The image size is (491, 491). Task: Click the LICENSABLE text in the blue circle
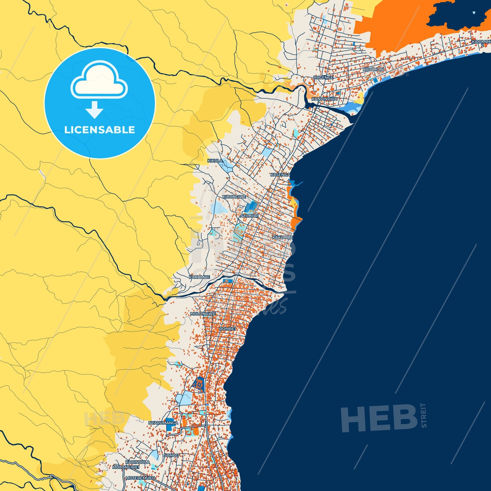point(99,130)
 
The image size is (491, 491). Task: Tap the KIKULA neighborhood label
point(215,161)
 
